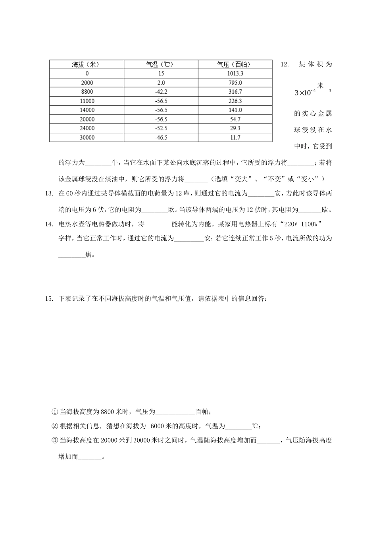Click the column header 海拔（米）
(87, 64)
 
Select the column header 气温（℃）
(161, 64)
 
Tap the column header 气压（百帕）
(235, 64)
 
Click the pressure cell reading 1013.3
(235, 74)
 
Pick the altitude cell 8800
(87, 92)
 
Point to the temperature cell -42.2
(161, 92)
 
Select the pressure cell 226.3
(235, 101)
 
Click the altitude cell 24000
(87, 128)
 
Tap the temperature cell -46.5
(161, 137)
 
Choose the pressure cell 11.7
(235, 137)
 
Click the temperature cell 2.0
(161, 83)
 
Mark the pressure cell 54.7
(235, 119)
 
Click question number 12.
(285, 64)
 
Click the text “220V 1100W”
(302, 224)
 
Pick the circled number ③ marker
(55, 440)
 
